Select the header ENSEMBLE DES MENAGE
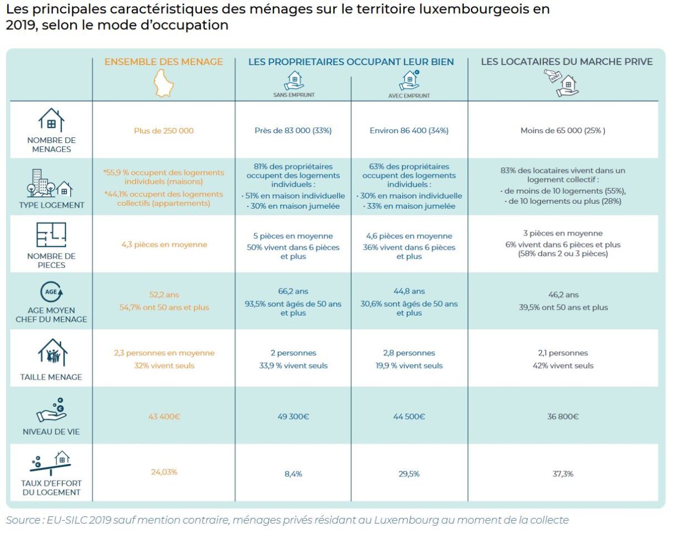coord(164,62)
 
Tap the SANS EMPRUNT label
coord(293,95)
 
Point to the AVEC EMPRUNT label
coord(409,95)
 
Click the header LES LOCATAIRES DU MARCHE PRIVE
coord(566,62)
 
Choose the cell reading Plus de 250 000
coord(164,131)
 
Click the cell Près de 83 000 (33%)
coord(293,131)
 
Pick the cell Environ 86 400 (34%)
coord(409,131)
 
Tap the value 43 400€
coord(164,417)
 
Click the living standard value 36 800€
coord(563,417)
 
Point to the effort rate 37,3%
coord(563,473)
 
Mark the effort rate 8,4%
coord(293,474)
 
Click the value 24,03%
coord(164,472)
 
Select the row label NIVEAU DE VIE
coord(51,431)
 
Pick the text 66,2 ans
coord(293,291)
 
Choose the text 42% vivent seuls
coord(563,365)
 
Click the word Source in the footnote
coord(22,520)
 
